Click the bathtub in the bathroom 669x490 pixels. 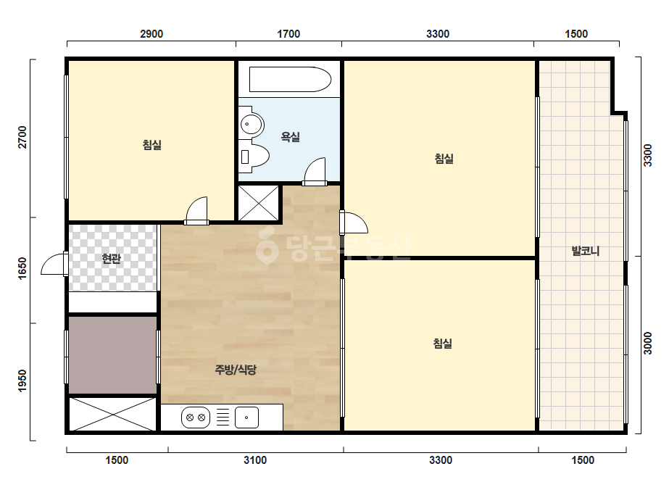click(290, 80)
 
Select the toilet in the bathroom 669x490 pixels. click(254, 156)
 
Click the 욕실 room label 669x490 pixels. click(290, 136)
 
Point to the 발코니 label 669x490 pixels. click(586, 251)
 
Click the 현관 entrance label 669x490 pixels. click(112, 259)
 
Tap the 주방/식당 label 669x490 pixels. click(236, 369)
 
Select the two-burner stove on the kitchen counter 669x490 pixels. click(196, 418)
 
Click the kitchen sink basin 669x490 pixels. click(246, 418)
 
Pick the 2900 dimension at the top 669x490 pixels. click(151, 34)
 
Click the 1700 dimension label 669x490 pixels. click(288, 34)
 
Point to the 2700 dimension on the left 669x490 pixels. click(22, 138)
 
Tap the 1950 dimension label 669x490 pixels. click(22, 381)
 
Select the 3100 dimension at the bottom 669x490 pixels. click(255, 460)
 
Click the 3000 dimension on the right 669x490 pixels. click(648, 343)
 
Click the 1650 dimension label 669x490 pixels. click(22, 268)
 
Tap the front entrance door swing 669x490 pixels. click(53, 264)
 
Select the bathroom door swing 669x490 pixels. click(315, 171)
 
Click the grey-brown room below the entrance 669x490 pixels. click(112, 354)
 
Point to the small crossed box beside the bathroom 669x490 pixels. click(259, 203)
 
